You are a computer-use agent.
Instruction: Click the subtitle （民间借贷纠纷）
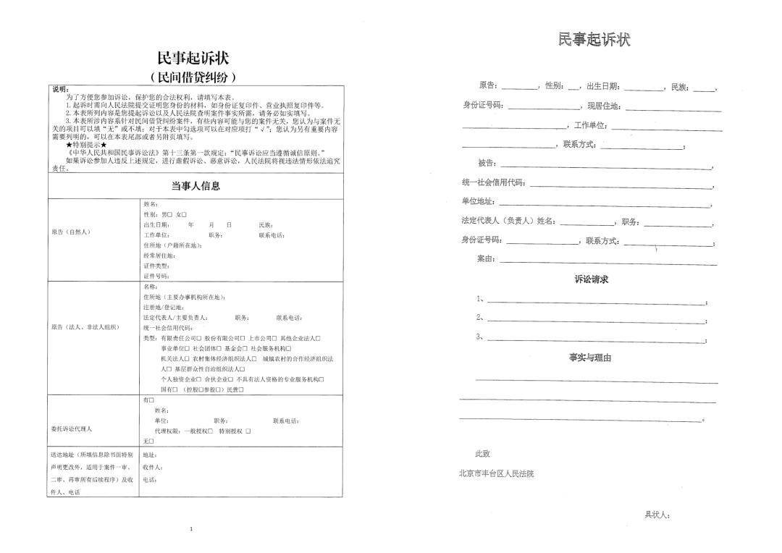coord(193,77)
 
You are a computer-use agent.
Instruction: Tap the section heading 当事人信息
coord(195,186)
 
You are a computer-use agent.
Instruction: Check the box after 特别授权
coord(248,431)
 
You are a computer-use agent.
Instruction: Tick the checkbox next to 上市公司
coord(274,338)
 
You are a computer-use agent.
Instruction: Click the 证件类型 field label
coord(155,266)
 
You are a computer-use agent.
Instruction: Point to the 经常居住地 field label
coord(159,256)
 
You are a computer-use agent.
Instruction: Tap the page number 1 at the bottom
coord(191,529)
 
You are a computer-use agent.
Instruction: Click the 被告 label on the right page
coord(487,162)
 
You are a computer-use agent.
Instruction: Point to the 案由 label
coord(486,259)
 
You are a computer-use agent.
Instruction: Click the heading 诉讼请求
coord(591,279)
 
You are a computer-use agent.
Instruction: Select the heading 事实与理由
coord(590,358)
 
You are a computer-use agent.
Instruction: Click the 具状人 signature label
coord(657,515)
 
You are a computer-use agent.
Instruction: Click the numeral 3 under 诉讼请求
coord(479,337)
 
